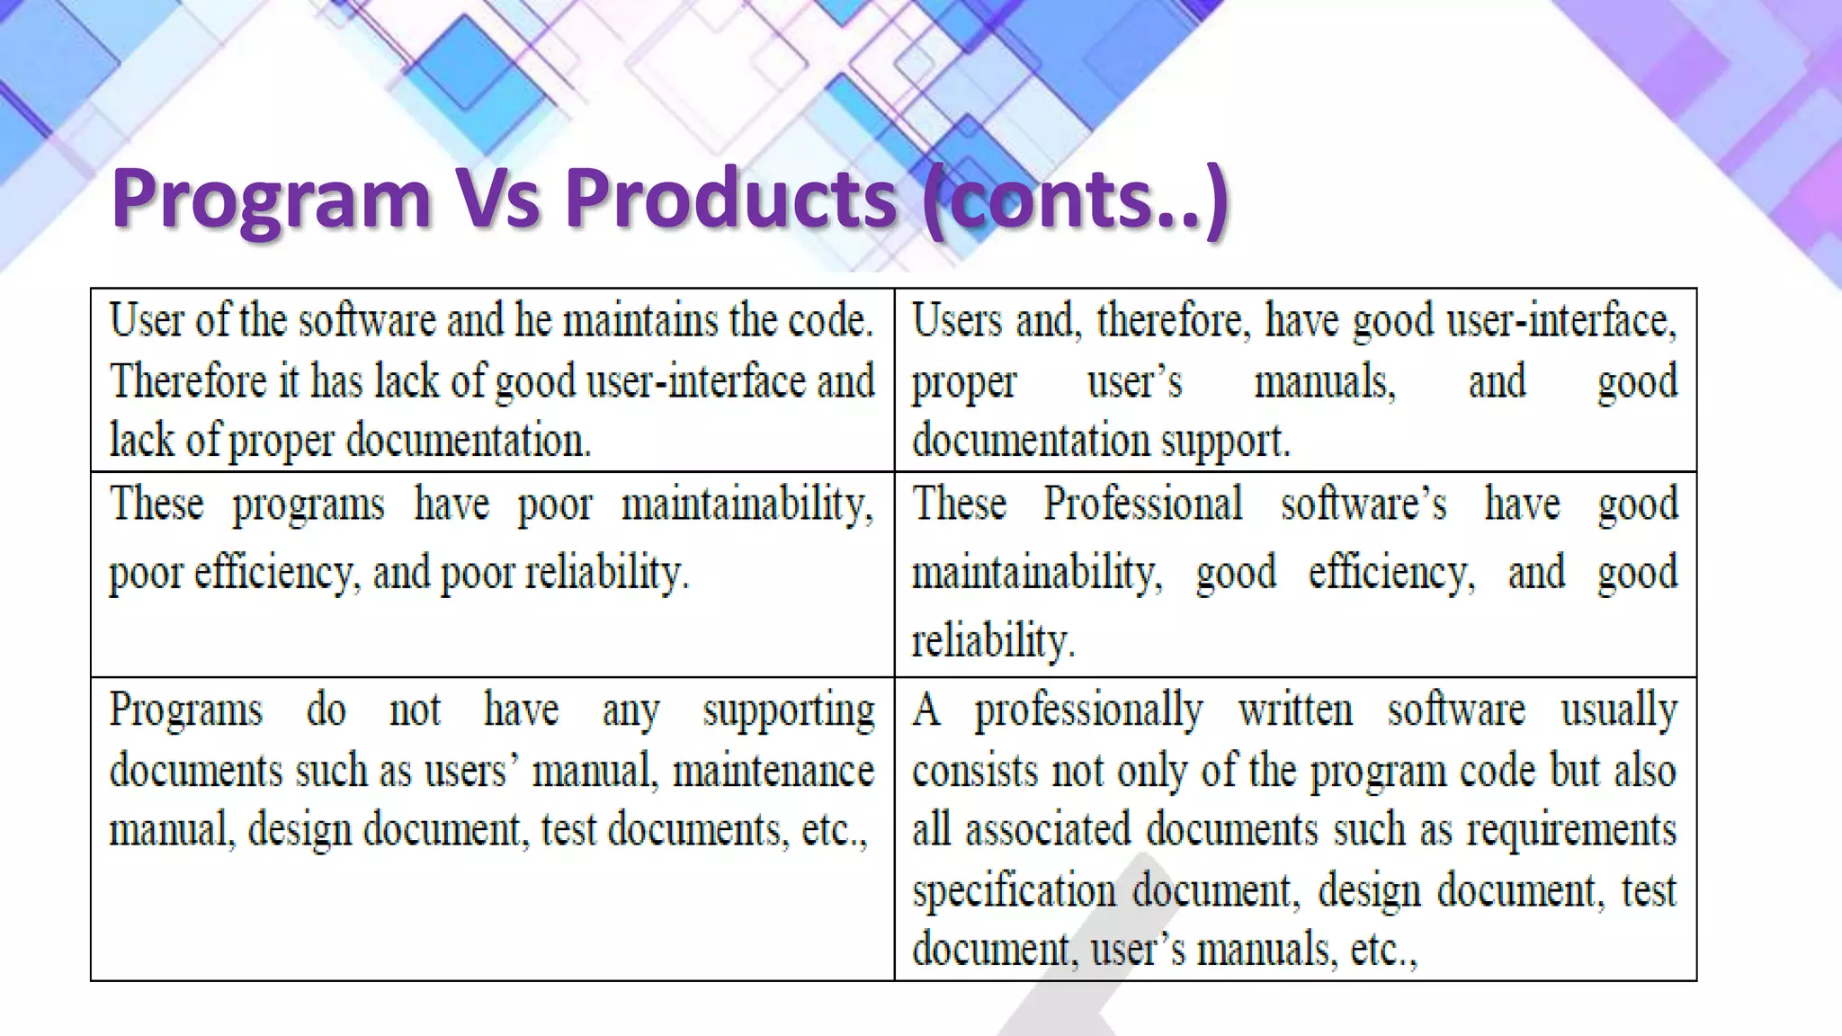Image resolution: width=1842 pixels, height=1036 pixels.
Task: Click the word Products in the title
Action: [x=730, y=200]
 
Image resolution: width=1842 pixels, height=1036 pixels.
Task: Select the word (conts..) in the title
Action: [x=1076, y=200]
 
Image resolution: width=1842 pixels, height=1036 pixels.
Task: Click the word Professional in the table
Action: [x=1142, y=504]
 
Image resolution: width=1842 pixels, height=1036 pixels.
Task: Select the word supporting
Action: [x=788, y=711]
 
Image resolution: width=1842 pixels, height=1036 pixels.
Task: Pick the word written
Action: [x=1295, y=711]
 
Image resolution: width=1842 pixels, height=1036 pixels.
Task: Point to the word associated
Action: [x=1048, y=829]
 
